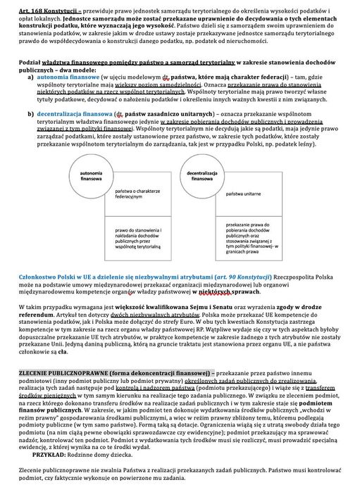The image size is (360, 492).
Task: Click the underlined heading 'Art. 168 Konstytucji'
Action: click(31, 7)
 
